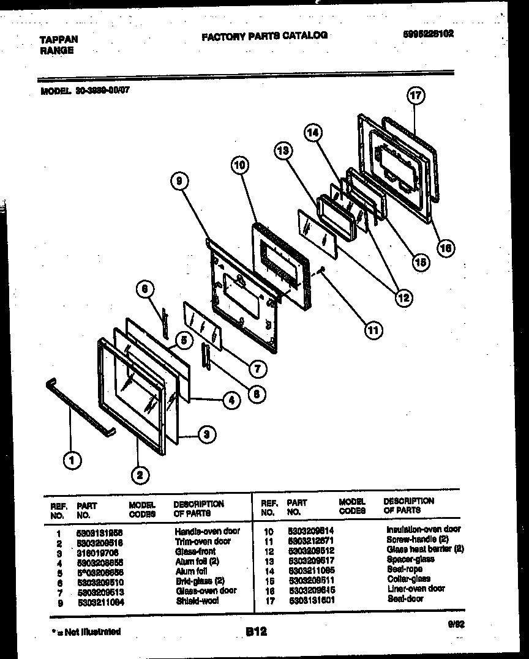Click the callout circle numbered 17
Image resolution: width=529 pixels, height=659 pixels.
pos(416,95)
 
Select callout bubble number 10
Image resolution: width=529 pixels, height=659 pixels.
pos(241,164)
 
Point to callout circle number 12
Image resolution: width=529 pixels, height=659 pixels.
pos(403,298)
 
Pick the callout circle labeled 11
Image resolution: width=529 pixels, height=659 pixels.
pos(373,330)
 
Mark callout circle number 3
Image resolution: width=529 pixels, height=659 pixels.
pos(208,435)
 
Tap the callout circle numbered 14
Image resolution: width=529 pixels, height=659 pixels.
pos(313,132)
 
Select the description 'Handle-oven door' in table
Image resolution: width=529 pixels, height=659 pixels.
pos(207,531)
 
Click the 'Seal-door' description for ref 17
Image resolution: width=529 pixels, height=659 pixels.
pos(405,598)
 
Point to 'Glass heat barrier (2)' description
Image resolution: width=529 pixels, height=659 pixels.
pos(425,549)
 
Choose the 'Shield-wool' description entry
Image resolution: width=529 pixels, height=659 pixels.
pos(197,600)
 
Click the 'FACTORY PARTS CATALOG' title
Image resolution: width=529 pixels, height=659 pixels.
pos(264,36)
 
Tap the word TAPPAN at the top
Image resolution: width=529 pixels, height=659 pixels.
pos(59,40)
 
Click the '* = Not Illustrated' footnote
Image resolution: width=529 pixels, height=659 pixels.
pos(86,631)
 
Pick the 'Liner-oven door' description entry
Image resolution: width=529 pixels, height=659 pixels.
pos(416,589)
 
